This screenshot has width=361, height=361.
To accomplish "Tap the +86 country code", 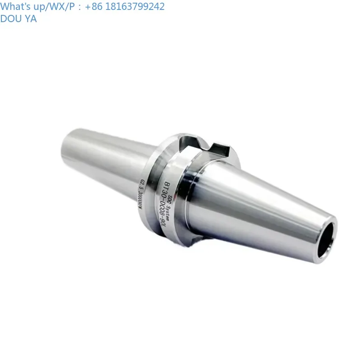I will pyautogui.click(x=93, y=6).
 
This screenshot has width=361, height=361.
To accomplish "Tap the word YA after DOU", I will pyautogui.click(x=31, y=19).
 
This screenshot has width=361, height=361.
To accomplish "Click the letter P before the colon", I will pyautogui.click(x=69, y=6).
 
